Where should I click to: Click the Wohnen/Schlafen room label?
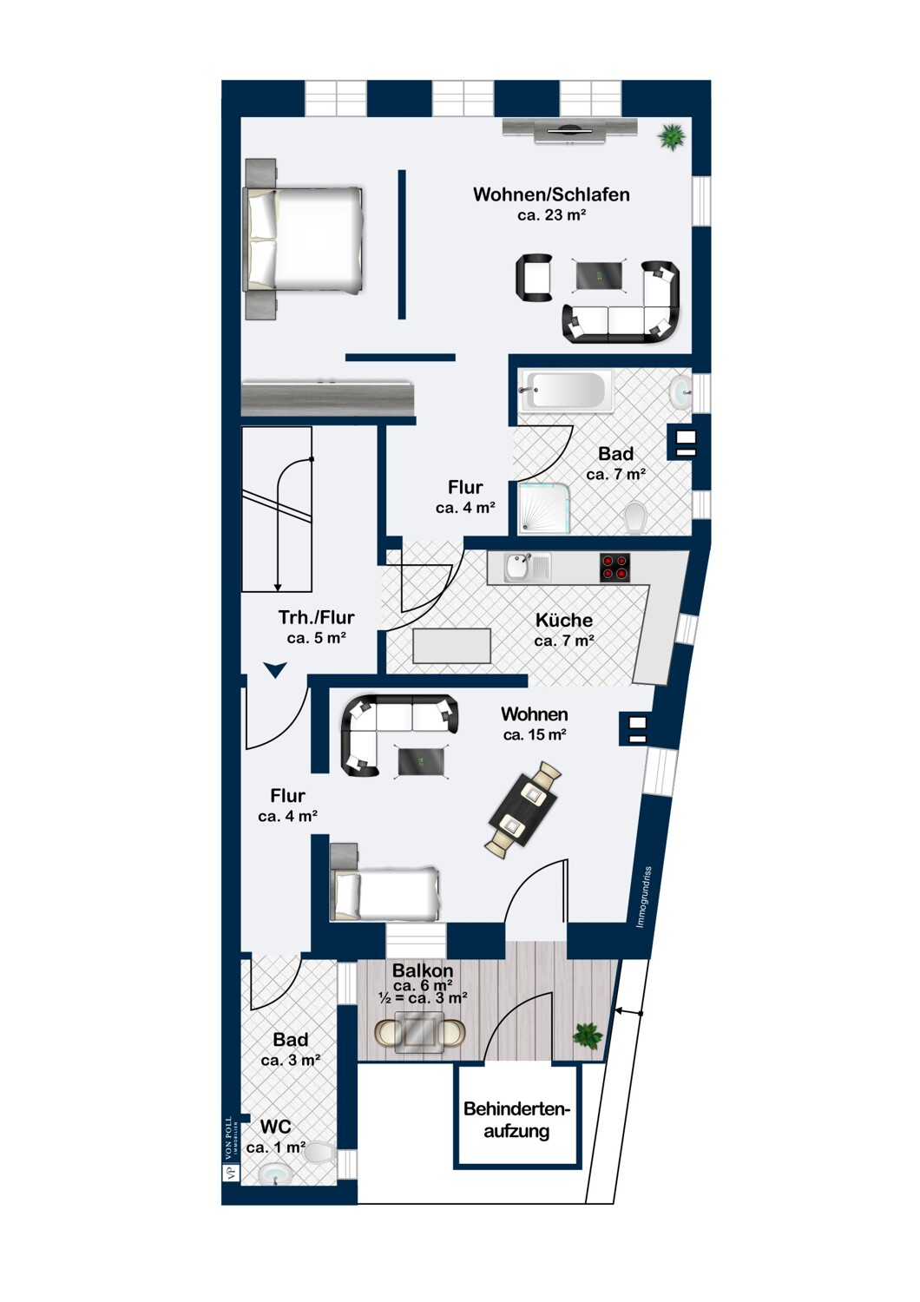click(x=551, y=194)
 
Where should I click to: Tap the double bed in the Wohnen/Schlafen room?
click(x=306, y=239)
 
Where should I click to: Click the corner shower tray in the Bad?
click(x=543, y=510)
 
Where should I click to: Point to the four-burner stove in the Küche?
click(x=614, y=568)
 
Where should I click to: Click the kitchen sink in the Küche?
click(x=527, y=568)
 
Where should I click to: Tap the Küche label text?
click(x=564, y=620)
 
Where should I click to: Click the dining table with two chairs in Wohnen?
click(x=524, y=808)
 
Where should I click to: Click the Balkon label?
click(x=423, y=970)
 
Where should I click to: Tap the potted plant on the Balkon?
click(x=588, y=1036)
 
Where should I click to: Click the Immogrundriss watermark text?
click(x=644, y=898)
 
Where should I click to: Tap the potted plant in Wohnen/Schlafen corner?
click(x=671, y=137)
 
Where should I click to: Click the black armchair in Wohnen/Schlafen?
click(x=534, y=277)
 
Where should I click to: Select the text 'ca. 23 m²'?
click(x=551, y=215)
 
